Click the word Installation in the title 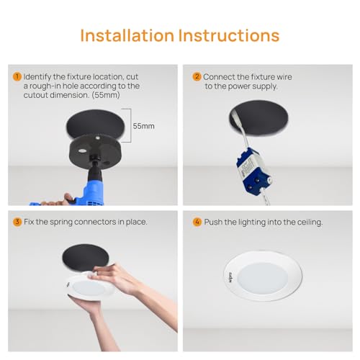(127, 35)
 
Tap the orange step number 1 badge (17, 77)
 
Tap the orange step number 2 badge (197, 77)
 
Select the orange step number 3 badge (17, 222)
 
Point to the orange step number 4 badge (197, 222)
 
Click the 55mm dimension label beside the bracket (143, 126)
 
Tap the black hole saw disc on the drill (95, 150)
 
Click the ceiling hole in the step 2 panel (258, 117)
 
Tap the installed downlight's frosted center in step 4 (263, 279)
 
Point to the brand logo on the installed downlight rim (230, 277)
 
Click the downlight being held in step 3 (90, 287)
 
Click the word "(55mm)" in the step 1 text (106, 95)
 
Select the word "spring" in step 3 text (61, 222)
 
